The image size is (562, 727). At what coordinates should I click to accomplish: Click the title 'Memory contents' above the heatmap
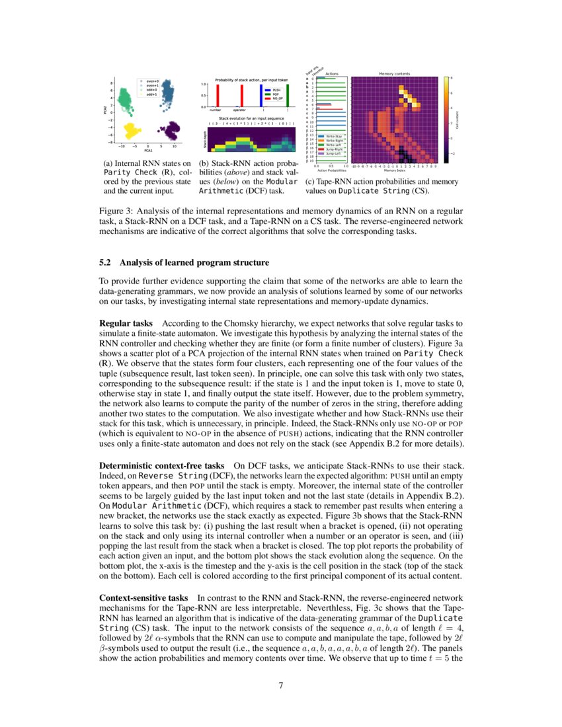pyautogui.click(x=394, y=73)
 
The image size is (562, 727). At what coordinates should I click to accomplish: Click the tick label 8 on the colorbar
pyautogui.click(x=452, y=78)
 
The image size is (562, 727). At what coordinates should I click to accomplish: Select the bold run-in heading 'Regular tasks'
pyautogui.click(x=126, y=324)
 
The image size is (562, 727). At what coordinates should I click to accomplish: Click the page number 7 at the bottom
pyautogui.click(x=281, y=685)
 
